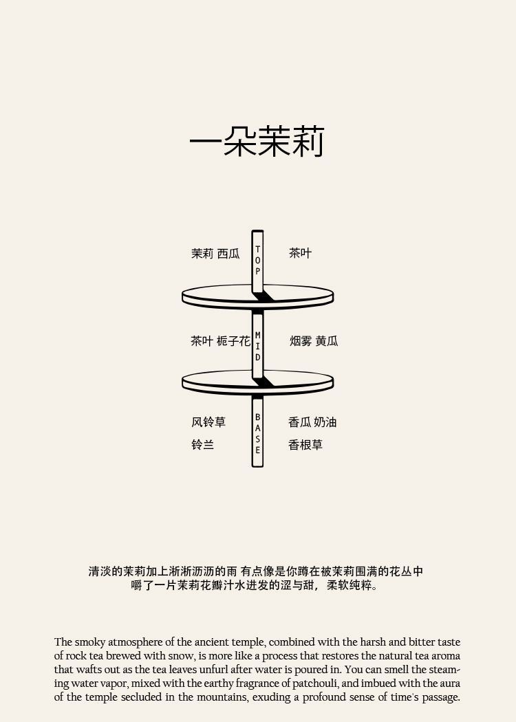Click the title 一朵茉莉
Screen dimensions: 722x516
pos(256,142)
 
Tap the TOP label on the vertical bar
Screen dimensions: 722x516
pos(258,260)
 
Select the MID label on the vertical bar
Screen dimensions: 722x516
pos(258,346)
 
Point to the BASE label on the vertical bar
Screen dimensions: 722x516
pos(258,433)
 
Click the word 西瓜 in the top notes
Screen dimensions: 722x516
pos(228,254)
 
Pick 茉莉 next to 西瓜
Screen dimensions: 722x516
pos(202,254)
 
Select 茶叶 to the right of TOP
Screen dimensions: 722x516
pos(300,253)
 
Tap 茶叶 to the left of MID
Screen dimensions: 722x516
pos(202,341)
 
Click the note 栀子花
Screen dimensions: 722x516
pos(233,341)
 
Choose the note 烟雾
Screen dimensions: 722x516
pos(301,341)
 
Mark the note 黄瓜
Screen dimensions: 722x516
pos(327,341)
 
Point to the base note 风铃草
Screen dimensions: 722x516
pos(208,422)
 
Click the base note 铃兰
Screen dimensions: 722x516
pos(202,445)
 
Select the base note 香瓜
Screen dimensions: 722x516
pos(299,422)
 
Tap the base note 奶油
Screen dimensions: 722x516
pos(325,422)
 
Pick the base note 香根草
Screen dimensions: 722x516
pos(305,445)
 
